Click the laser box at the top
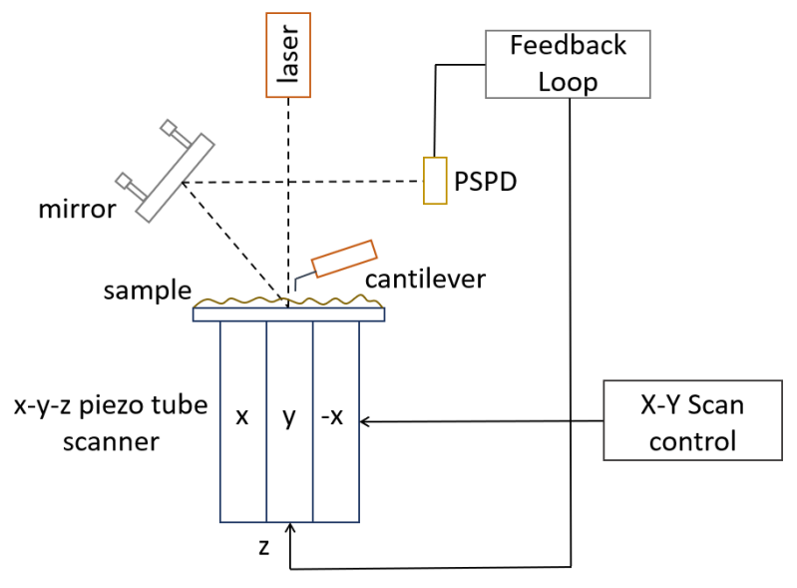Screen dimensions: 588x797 [x=288, y=55]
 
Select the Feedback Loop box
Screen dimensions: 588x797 [x=568, y=64]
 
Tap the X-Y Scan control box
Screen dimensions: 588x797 [x=692, y=419]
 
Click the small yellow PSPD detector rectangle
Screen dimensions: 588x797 [x=434, y=181]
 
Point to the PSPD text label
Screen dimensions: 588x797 [x=485, y=183]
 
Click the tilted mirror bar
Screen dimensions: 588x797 [x=177, y=177]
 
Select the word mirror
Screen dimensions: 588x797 [x=78, y=211]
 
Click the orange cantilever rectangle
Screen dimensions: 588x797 [x=344, y=258]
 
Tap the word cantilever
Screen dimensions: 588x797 [x=424, y=279]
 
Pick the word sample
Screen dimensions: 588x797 [x=147, y=291]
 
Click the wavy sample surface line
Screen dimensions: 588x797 [x=239, y=300]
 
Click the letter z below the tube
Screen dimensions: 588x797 [x=263, y=548]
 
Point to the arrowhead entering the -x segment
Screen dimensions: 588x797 [x=364, y=421]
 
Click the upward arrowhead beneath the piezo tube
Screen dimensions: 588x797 [x=289, y=528]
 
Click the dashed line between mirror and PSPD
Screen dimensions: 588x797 [x=299, y=182]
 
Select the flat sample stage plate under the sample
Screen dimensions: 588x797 [x=288, y=314]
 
